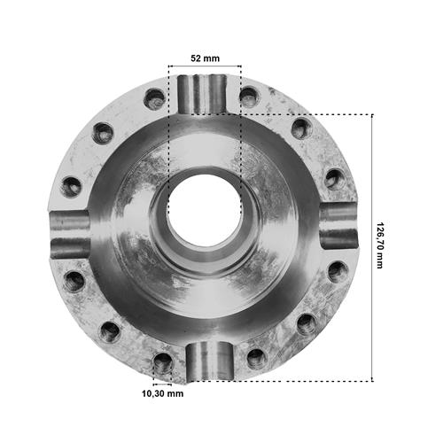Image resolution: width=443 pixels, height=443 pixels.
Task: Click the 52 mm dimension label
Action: pyautogui.click(x=205, y=58)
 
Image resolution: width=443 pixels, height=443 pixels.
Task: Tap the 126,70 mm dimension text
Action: pyautogui.click(x=379, y=245)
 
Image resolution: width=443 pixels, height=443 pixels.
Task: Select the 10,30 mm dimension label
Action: pyautogui.click(x=163, y=393)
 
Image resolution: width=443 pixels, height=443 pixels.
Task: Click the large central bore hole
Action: pyautogui.click(x=205, y=210)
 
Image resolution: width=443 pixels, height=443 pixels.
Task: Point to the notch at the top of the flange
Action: pyautogui.click(x=203, y=95)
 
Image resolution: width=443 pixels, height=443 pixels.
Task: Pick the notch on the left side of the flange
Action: pyautogui.click(x=70, y=235)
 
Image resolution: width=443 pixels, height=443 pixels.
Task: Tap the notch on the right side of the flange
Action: pyautogui.click(x=338, y=226)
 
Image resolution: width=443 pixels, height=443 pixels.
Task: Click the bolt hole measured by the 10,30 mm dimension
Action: pyautogui.click(x=163, y=362)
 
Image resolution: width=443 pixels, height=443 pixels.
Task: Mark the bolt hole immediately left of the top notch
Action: pyautogui.click(x=154, y=99)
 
